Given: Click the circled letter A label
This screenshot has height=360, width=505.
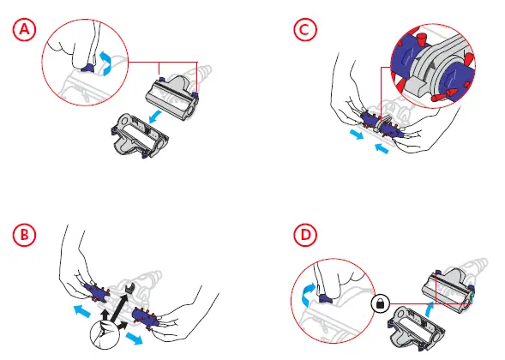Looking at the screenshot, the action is tap(25, 30).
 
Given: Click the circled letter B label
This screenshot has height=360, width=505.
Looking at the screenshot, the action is tap(25, 235).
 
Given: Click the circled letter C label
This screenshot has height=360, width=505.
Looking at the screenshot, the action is tap(305, 30).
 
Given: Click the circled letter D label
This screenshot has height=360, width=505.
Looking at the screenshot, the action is tap(305, 235).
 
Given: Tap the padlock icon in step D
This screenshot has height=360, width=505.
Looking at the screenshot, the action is tap(381, 303).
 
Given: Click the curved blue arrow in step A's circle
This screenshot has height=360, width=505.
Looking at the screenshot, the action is tap(105, 63).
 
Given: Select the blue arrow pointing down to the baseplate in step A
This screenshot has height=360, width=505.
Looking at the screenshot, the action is tap(155, 117).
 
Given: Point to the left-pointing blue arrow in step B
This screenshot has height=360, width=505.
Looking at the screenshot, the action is tap(81, 311).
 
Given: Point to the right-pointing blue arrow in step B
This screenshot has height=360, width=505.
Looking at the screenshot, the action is tap(134, 339).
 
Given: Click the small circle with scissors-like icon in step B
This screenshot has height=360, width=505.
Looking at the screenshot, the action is tap(105, 335).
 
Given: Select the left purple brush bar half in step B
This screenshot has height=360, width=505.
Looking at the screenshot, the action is tap(96, 292).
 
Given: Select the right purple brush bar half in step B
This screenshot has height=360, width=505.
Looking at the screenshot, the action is tap(146, 317).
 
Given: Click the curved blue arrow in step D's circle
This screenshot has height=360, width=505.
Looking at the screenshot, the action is tap(307, 294).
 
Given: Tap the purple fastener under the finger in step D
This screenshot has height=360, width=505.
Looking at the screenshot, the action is tap(326, 298).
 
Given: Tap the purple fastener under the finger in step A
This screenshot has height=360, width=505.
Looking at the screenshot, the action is tap(87, 68).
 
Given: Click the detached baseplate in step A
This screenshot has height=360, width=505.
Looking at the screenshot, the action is tap(140, 135).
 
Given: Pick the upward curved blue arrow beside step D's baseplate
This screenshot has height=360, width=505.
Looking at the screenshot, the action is tap(429, 309).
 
